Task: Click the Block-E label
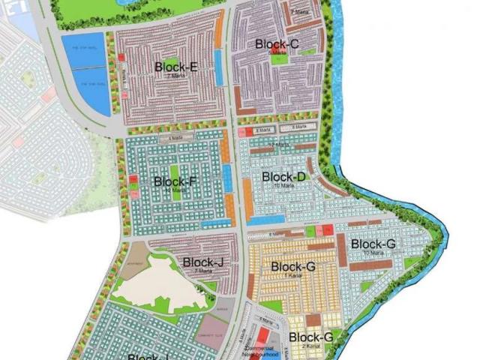click(x=176, y=67)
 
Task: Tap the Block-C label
click(x=277, y=45)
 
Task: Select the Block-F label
click(x=175, y=181)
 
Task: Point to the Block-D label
click(x=284, y=177)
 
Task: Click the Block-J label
click(x=202, y=262)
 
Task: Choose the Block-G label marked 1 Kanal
click(x=293, y=267)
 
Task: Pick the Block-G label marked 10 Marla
click(x=373, y=244)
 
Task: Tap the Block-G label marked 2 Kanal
click(x=310, y=337)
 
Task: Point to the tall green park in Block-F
click(x=175, y=176)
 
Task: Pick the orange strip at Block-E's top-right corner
click(x=218, y=30)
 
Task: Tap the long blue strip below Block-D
click(x=265, y=220)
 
